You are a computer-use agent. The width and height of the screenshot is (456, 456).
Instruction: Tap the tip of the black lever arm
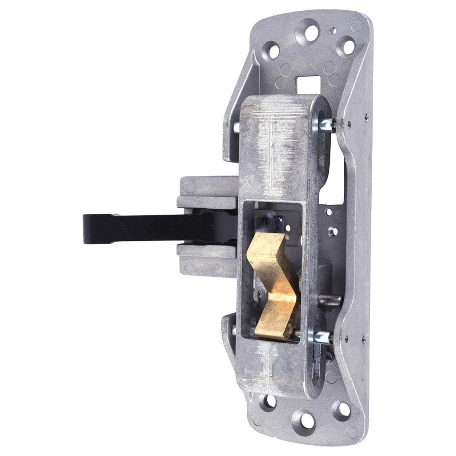click(x=89, y=228)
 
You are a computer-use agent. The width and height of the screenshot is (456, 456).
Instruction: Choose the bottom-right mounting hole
click(x=342, y=411)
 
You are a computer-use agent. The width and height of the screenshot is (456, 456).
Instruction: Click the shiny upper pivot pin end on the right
click(x=329, y=125)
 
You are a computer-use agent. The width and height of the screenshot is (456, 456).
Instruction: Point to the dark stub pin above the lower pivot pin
click(x=331, y=301)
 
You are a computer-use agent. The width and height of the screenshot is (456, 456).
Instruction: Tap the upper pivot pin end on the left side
click(x=236, y=127)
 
